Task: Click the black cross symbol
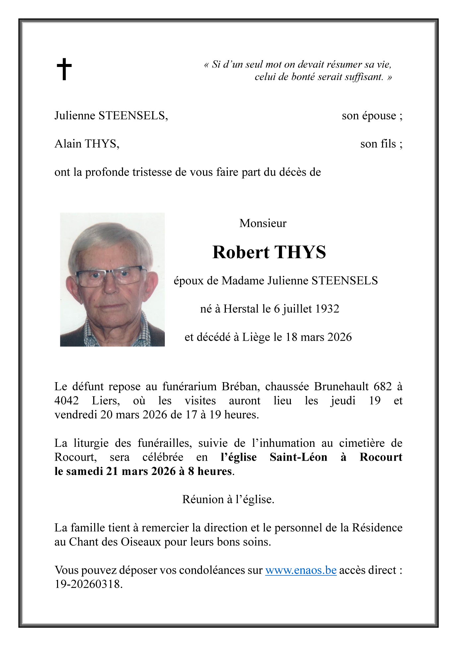pos(64,69)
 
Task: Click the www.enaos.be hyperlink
pos(301,570)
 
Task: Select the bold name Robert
pos(241,252)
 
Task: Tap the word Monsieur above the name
pos(263,223)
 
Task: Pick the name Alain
pos(68,144)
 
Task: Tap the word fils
pos(388,144)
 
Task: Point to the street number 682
pos(383,386)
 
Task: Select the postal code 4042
pos(67,401)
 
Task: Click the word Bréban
pos(240,386)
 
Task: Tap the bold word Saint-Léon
pos(298,457)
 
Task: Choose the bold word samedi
pos(85,471)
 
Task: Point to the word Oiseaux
pos(141,542)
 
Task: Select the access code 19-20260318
pos(89,584)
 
